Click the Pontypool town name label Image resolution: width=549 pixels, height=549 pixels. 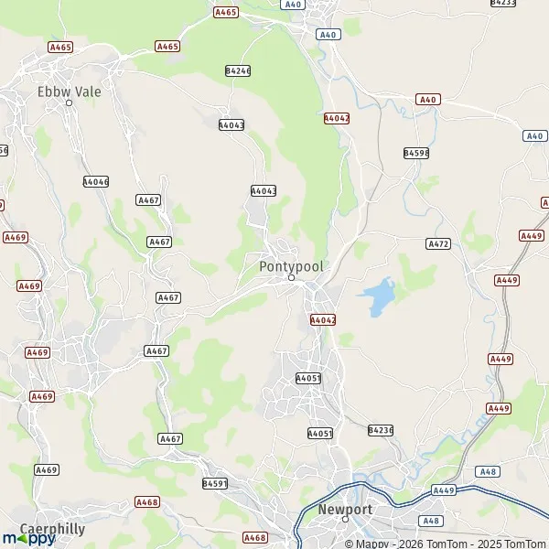(x=291, y=265)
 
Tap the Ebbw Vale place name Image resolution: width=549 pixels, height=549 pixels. (x=70, y=91)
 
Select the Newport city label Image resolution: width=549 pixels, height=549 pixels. (x=345, y=509)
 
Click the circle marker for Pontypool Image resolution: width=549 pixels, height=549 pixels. (x=291, y=278)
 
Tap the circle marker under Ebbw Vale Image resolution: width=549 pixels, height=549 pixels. (x=69, y=102)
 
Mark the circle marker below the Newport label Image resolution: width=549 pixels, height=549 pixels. (x=345, y=520)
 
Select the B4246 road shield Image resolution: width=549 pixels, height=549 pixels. (x=237, y=70)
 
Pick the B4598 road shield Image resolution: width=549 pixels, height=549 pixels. (x=416, y=153)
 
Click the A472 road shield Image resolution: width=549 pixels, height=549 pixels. (x=438, y=244)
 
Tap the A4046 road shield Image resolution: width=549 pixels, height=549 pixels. (x=95, y=182)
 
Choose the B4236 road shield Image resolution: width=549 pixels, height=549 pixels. (x=380, y=430)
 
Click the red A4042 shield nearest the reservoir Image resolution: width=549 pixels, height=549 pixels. (x=323, y=320)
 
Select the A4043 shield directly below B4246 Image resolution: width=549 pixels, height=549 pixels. (x=231, y=124)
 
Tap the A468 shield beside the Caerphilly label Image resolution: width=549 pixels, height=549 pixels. (x=146, y=502)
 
